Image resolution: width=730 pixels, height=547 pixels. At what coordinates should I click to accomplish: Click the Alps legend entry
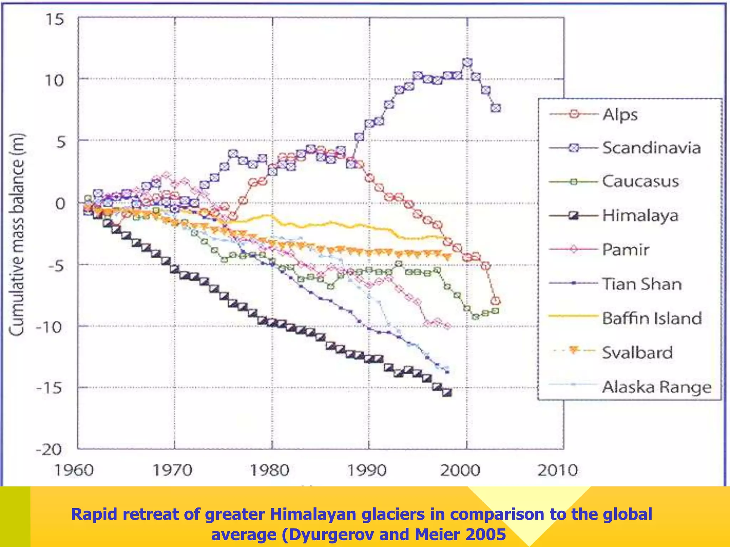(x=620, y=115)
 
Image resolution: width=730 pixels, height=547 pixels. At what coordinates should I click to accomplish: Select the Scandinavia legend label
(x=651, y=148)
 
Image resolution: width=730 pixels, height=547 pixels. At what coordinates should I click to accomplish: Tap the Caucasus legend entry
(x=640, y=182)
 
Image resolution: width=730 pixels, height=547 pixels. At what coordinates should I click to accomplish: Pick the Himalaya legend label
(x=640, y=215)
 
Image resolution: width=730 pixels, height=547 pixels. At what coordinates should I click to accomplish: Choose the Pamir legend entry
(x=626, y=250)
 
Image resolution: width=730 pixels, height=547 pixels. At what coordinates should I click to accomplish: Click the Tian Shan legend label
(x=642, y=284)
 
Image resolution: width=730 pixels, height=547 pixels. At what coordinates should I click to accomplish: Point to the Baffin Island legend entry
(x=652, y=318)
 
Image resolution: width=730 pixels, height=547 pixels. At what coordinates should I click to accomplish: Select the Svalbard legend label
(x=637, y=353)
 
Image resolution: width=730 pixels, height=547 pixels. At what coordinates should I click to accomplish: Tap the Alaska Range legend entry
(x=657, y=387)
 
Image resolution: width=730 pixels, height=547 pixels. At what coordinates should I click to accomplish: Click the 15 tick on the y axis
(x=55, y=19)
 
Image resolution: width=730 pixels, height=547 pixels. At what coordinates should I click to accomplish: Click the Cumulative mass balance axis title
(x=17, y=234)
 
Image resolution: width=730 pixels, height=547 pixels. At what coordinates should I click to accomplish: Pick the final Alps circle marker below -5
(x=495, y=301)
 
